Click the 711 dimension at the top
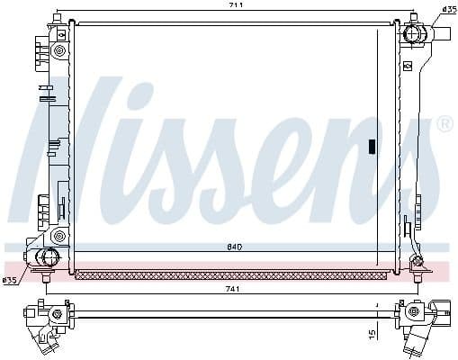[x=233, y=6]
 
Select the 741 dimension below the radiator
[x=233, y=289]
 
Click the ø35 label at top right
[x=448, y=10]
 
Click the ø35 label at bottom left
[x=10, y=280]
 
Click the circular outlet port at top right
[x=415, y=34]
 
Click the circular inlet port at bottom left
[x=43, y=258]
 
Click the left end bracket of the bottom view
[x=45, y=321]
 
